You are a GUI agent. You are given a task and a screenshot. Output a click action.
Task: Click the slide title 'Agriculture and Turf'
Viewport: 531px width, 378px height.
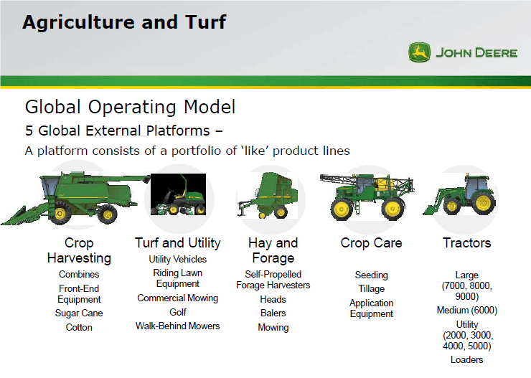124,22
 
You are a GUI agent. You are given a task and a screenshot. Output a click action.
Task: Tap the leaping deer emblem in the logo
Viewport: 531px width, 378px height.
419,52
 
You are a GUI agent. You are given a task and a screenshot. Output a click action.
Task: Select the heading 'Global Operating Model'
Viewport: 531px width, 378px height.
130,108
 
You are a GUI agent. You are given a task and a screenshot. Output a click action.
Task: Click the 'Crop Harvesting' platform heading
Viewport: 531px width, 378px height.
79,250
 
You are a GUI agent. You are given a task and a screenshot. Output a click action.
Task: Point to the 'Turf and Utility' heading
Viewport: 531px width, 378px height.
178,242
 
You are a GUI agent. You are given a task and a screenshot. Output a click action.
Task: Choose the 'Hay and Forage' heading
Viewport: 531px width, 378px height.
273,250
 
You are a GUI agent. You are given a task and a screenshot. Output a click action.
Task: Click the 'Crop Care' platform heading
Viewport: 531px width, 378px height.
371,242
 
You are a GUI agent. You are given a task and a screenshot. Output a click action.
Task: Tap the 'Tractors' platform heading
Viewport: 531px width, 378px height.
466,242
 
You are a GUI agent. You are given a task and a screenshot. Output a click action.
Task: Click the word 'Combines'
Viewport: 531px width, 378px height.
79,274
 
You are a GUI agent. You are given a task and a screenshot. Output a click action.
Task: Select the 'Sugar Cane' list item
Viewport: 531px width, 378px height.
79,313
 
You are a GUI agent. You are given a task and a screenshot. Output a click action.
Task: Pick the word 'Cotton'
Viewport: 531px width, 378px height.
79,327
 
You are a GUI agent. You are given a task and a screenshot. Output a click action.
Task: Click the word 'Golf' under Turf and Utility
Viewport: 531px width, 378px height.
178,312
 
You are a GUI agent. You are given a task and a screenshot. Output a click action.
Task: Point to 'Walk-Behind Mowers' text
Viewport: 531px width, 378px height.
178,326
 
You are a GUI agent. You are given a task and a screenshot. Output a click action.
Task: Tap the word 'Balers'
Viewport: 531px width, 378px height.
273,313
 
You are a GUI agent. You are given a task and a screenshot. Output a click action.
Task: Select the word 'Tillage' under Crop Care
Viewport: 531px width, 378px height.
371,288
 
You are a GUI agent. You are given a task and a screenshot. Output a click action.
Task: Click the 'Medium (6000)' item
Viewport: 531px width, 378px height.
466,311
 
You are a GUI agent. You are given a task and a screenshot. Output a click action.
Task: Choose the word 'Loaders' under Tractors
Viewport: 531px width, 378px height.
466,359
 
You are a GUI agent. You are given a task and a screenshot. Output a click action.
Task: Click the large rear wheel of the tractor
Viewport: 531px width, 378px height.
479,204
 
